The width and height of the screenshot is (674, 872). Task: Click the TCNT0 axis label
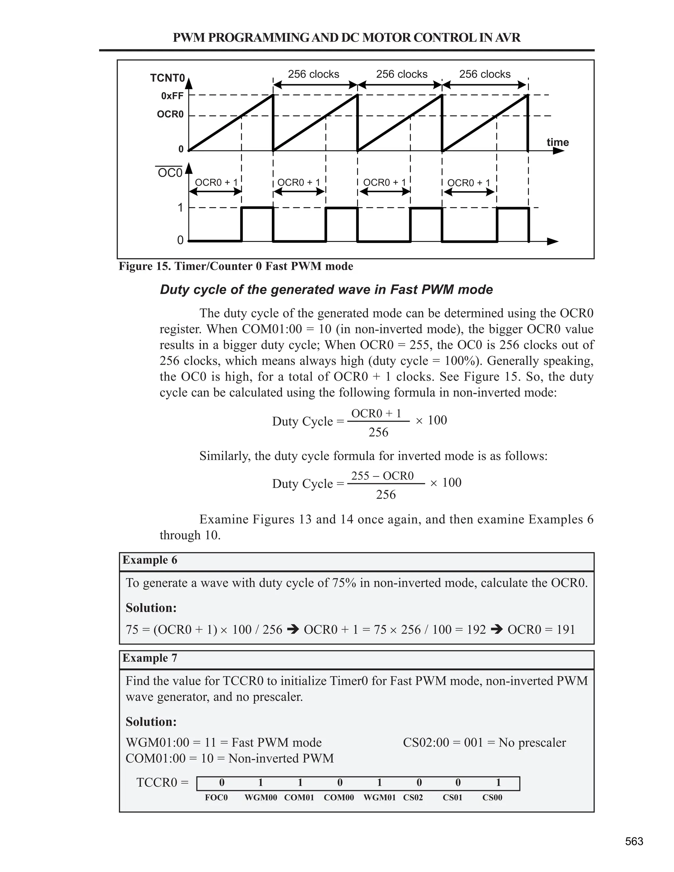[x=167, y=78]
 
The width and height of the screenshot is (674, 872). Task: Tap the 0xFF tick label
[x=172, y=96]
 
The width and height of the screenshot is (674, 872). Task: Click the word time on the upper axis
[x=557, y=142]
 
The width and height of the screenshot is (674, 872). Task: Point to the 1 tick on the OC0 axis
[x=180, y=208]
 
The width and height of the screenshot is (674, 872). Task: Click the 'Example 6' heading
[x=150, y=560]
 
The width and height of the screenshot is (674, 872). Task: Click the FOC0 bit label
[x=216, y=798]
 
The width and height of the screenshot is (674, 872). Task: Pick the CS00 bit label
[x=492, y=798]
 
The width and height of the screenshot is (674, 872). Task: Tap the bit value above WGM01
[x=379, y=782]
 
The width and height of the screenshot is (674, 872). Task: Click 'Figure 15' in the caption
[x=144, y=266]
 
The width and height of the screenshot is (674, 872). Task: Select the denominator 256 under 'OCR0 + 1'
[x=378, y=432]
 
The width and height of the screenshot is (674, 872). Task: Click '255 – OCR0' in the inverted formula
[x=382, y=475]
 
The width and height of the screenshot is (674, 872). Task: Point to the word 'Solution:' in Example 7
[x=151, y=722]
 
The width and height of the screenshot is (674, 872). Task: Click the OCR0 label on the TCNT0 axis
[x=170, y=115]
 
